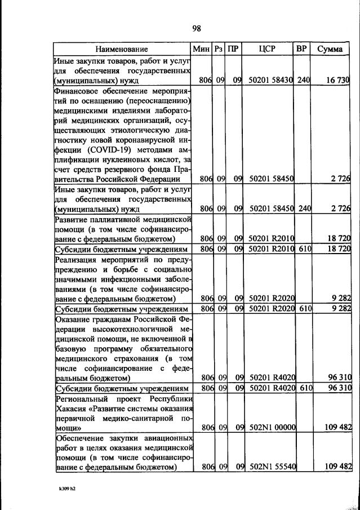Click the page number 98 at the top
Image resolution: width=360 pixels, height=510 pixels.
pyautogui.click(x=196, y=29)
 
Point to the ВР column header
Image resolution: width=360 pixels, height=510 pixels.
pyautogui.click(x=301, y=49)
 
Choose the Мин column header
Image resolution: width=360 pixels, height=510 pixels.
pyautogui.click(x=201, y=49)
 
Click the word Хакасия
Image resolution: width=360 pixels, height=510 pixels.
pyautogui.click(x=70, y=408)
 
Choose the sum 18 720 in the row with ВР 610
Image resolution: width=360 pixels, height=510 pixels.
pyautogui.click(x=337, y=249)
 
